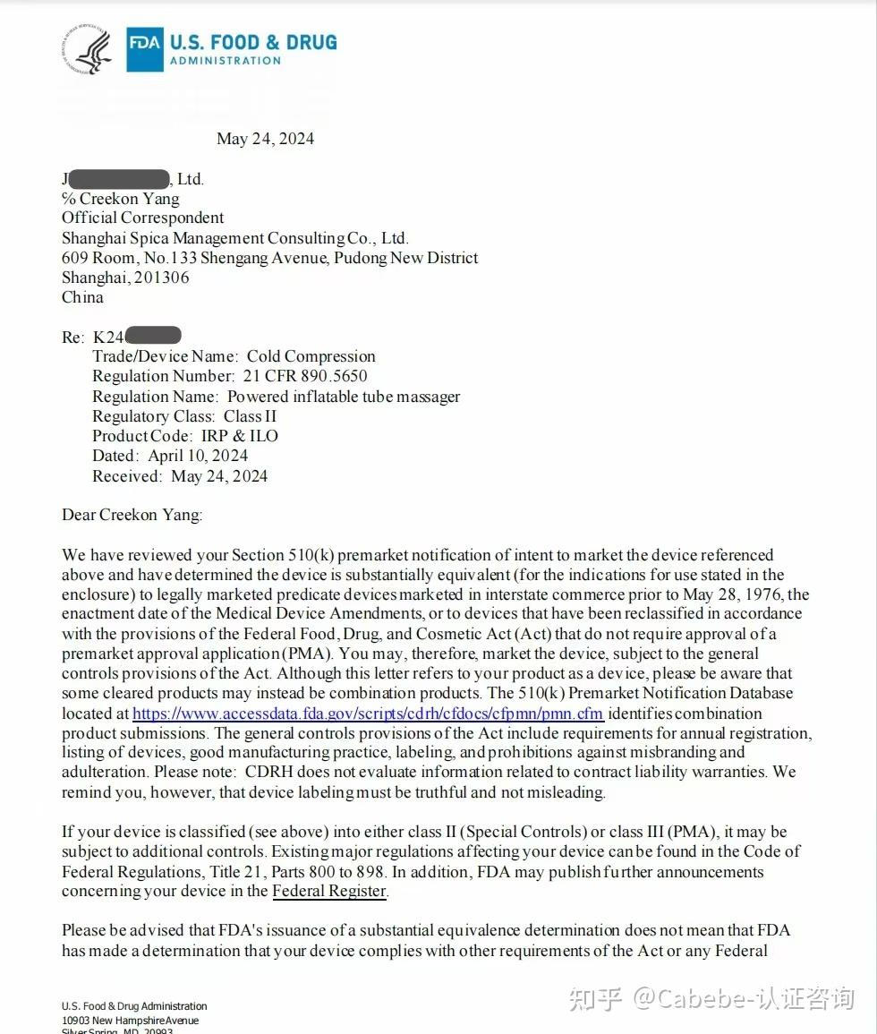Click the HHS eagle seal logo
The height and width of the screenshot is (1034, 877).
(x=87, y=49)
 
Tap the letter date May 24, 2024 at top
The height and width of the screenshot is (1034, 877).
(x=265, y=139)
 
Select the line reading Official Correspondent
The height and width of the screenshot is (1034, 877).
(x=143, y=218)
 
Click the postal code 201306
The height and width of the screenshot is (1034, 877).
(x=161, y=278)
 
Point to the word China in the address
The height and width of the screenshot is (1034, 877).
(x=82, y=297)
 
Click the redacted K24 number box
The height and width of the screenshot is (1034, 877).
(x=153, y=337)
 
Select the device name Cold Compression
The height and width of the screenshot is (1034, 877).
(x=311, y=356)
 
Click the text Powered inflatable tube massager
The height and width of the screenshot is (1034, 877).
(x=344, y=397)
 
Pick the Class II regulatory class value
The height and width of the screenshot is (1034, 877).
(x=250, y=416)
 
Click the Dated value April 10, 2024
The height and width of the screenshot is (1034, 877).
(x=198, y=456)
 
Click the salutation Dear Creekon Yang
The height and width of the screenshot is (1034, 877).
(x=132, y=515)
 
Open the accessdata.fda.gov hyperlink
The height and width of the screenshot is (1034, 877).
(x=368, y=714)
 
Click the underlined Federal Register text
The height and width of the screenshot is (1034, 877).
(x=329, y=891)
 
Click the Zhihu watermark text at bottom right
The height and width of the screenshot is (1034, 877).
(x=711, y=998)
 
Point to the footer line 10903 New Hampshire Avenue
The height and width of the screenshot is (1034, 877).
(x=131, y=1021)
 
